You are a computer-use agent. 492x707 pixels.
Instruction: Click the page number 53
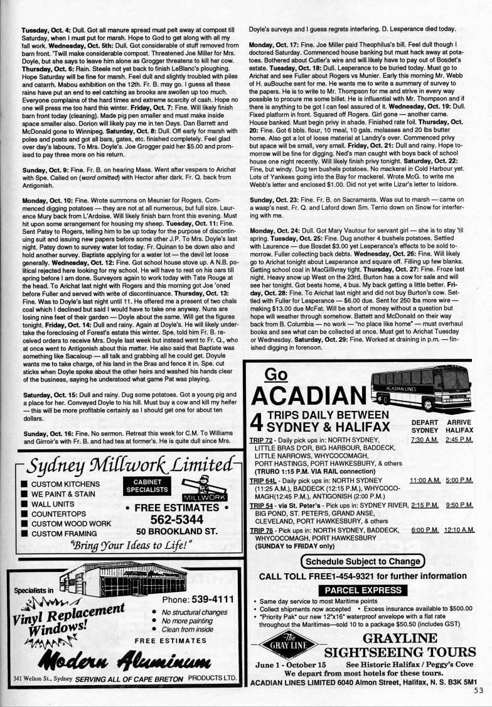tap(479, 689)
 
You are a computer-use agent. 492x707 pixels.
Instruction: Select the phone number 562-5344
tap(176, 519)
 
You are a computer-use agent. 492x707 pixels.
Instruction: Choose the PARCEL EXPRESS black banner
tap(358, 590)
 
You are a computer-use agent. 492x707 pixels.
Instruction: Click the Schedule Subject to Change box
tap(363, 561)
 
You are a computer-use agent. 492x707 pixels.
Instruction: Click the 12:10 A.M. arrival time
tap(459, 530)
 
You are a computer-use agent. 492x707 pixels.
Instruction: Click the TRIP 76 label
tap(261, 530)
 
